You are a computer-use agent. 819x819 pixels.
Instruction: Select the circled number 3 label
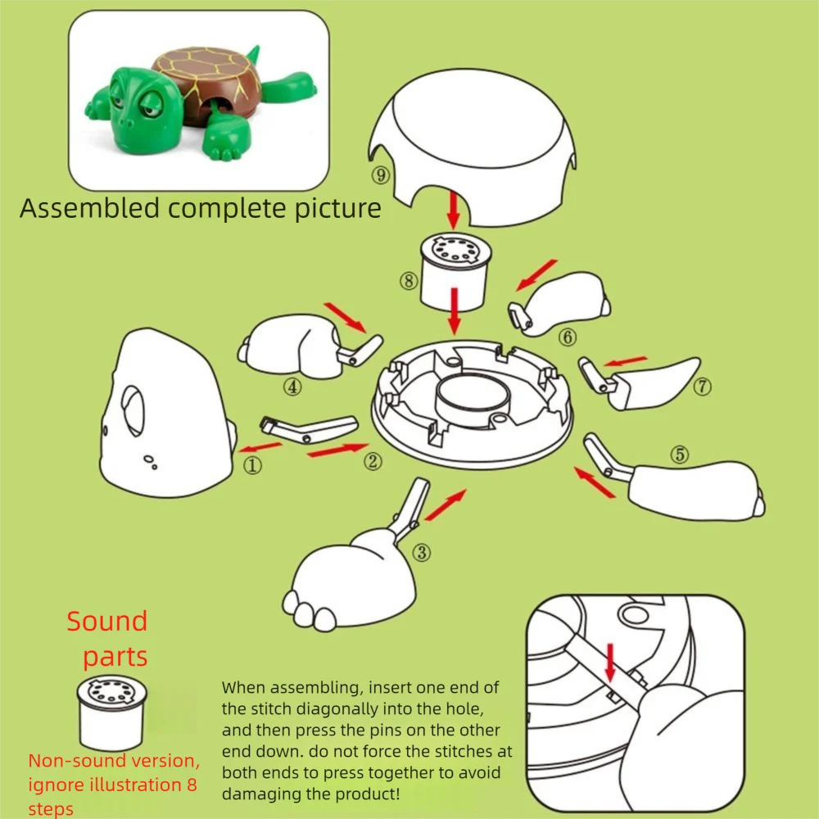(422, 553)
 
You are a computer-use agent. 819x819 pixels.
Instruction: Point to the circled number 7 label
(702, 387)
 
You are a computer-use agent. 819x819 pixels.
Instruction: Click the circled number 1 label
(253, 466)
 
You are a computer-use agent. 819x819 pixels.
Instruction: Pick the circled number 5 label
(680, 455)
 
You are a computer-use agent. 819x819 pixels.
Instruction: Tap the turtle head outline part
(164, 418)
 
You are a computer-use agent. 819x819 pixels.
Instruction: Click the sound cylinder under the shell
(453, 270)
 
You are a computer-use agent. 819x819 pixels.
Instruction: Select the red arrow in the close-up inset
(609, 662)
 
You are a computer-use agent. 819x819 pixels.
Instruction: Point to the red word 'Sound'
(106, 621)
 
